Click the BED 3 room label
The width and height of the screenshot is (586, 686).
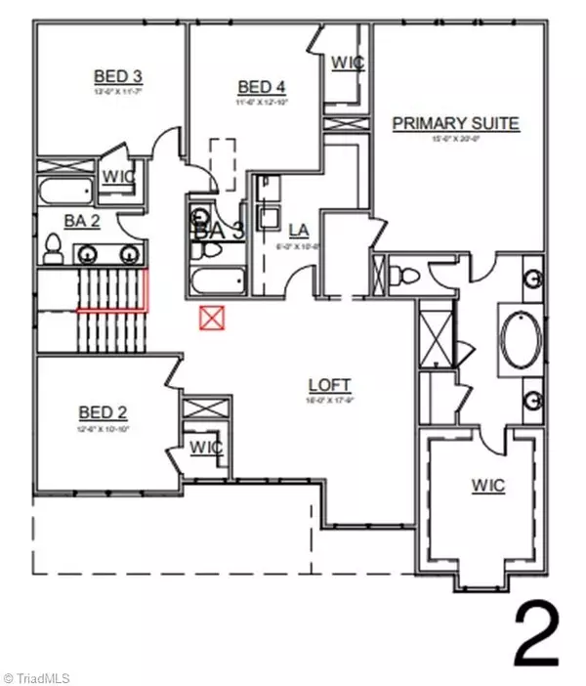click(117, 76)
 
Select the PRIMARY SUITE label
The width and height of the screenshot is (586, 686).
click(455, 123)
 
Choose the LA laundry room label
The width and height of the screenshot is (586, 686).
click(299, 231)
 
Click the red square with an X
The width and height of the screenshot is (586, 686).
click(209, 318)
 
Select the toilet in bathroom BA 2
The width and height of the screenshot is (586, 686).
click(54, 254)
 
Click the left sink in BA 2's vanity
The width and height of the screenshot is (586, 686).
click(89, 254)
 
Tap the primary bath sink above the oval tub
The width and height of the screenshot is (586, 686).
click(534, 277)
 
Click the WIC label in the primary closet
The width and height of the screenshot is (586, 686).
click(488, 486)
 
